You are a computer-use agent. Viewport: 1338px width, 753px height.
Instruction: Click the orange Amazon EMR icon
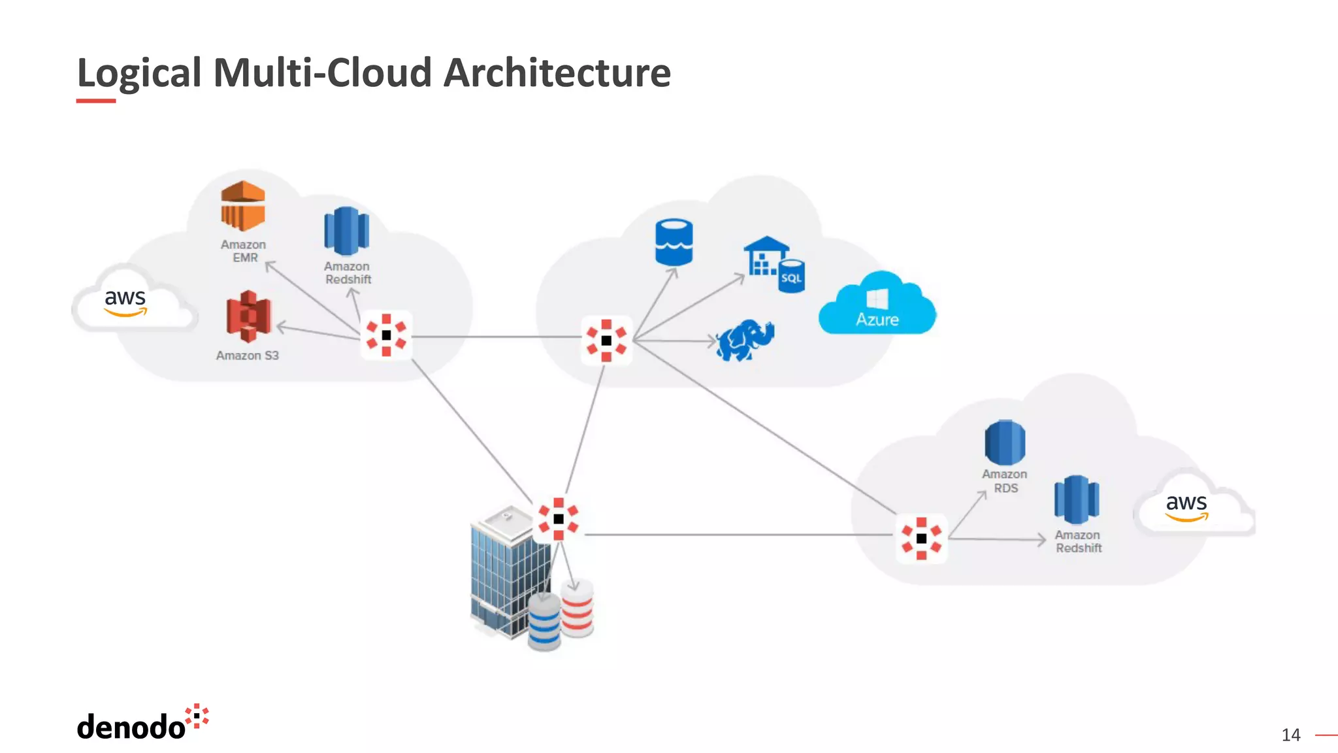[x=243, y=206]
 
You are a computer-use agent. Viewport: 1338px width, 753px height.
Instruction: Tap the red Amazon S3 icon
[x=248, y=317]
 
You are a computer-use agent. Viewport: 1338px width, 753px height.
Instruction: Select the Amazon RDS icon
[x=1005, y=443]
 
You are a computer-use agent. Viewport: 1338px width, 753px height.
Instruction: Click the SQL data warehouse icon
[x=774, y=264]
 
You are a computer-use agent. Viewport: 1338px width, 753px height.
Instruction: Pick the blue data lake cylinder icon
[x=674, y=243]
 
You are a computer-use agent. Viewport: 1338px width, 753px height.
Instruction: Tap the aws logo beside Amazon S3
[x=125, y=301]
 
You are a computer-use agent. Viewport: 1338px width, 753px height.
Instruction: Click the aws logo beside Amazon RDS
[x=1186, y=506]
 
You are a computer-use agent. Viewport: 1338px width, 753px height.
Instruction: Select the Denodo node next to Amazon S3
[x=386, y=335]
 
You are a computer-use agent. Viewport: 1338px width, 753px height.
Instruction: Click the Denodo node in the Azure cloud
[x=606, y=341]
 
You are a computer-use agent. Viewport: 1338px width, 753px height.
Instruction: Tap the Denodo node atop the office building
[x=559, y=519]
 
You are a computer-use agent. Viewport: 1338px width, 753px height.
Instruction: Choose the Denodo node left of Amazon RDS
[x=921, y=539]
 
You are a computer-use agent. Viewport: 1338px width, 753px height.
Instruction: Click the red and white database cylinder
[x=577, y=609]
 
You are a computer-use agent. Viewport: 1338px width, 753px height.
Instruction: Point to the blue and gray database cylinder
[x=544, y=623]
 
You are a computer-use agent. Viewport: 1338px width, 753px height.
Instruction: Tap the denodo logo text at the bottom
[x=131, y=727]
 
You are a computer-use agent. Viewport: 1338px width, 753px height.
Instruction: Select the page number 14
[x=1290, y=735]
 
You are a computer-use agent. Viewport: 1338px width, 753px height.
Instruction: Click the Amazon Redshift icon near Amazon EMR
[x=346, y=231]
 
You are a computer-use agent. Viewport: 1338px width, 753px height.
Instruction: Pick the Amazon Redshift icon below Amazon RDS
[x=1077, y=500]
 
